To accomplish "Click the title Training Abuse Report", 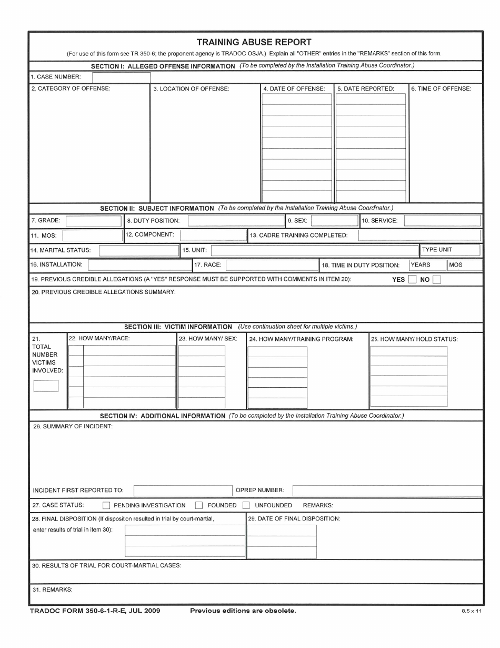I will coord(254,42).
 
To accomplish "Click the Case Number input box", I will coord(121,77).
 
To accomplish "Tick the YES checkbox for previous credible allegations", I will coord(412,280).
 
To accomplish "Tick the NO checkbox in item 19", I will coord(437,280).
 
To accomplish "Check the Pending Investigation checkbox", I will coord(106,505).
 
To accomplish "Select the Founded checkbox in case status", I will coord(199,505).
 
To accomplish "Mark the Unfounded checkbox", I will coord(246,505).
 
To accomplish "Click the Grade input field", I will coord(93,221).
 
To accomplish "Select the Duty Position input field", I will coord(236,221).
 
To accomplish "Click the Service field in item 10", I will coord(442,221).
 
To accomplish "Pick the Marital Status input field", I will coord(139,250).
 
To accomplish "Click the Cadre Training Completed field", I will coord(419,235).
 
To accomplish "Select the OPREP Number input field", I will coord(387,490).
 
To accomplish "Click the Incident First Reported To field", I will coord(183,490).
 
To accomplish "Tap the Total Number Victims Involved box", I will coord(46,386).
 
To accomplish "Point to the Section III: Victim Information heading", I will coord(178,327).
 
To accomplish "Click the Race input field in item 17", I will coord(272,265).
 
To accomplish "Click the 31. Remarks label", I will coord(52,590).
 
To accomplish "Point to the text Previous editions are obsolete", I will coord(243,611).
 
